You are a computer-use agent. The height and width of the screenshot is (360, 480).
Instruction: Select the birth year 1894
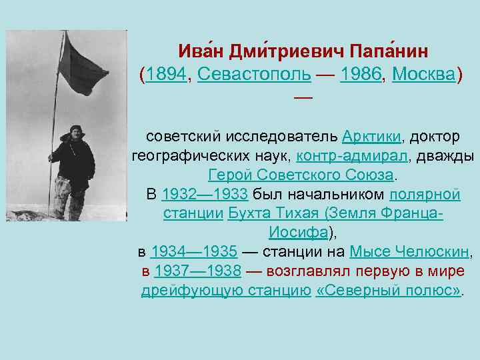click(x=166, y=75)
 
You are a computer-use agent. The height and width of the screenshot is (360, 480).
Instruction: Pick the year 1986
click(x=361, y=75)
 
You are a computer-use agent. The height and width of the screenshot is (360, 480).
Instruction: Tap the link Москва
click(x=423, y=75)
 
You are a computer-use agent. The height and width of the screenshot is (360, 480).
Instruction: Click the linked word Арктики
click(x=371, y=137)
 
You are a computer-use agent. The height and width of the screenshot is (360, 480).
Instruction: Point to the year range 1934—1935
click(x=194, y=253)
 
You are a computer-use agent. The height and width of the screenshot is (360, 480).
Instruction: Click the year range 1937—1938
click(x=197, y=272)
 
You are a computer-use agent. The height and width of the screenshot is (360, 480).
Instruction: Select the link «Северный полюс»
click(x=388, y=291)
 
